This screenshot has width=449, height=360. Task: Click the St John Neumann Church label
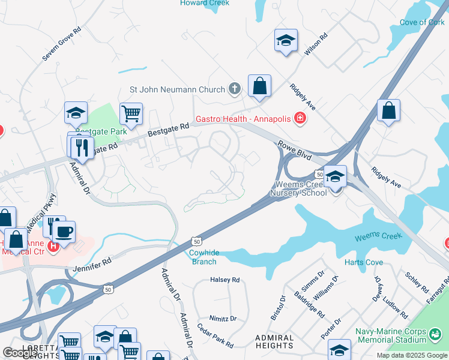(x=177, y=90)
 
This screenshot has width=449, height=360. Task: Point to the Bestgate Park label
(x=102, y=131)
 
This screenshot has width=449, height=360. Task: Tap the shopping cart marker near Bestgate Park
(x=131, y=113)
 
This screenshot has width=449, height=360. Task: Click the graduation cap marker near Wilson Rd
(x=286, y=41)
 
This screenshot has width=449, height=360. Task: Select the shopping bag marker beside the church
(x=259, y=86)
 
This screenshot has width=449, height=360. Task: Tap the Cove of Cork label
(x=422, y=23)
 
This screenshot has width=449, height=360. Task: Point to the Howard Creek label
(x=204, y=3)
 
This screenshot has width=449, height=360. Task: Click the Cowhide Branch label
(x=204, y=257)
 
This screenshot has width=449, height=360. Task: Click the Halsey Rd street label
(x=224, y=280)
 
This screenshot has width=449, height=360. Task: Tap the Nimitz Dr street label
(x=223, y=319)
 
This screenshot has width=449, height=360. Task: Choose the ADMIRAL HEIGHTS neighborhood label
(x=274, y=342)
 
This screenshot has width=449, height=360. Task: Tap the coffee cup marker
(x=64, y=231)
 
